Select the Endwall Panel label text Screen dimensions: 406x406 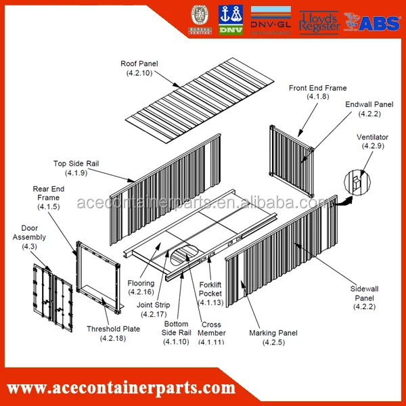pyautogui.click(x=369, y=109)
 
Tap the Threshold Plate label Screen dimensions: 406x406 pyautogui.click(x=113, y=333)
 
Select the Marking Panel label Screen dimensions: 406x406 pyautogui.click(x=273, y=337)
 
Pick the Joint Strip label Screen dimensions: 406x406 pyautogui.click(x=152, y=309)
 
